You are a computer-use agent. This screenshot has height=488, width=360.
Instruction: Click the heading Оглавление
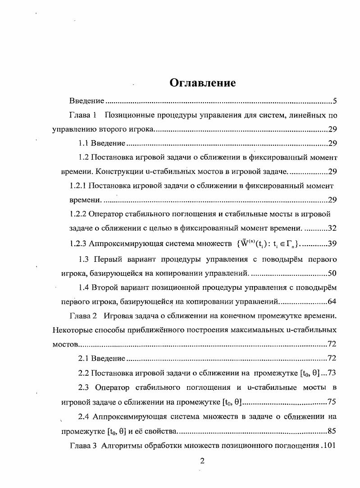click(202, 83)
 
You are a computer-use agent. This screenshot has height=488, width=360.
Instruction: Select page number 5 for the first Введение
click(335, 100)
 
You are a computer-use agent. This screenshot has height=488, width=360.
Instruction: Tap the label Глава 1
click(83, 115)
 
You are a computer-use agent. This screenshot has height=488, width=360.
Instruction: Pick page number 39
click(333, 243)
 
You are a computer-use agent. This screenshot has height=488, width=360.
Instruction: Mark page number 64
click(333, 301)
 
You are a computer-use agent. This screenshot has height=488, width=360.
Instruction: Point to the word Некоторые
click(73, 330)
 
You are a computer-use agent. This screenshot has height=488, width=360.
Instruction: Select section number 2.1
click(84, 359)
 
